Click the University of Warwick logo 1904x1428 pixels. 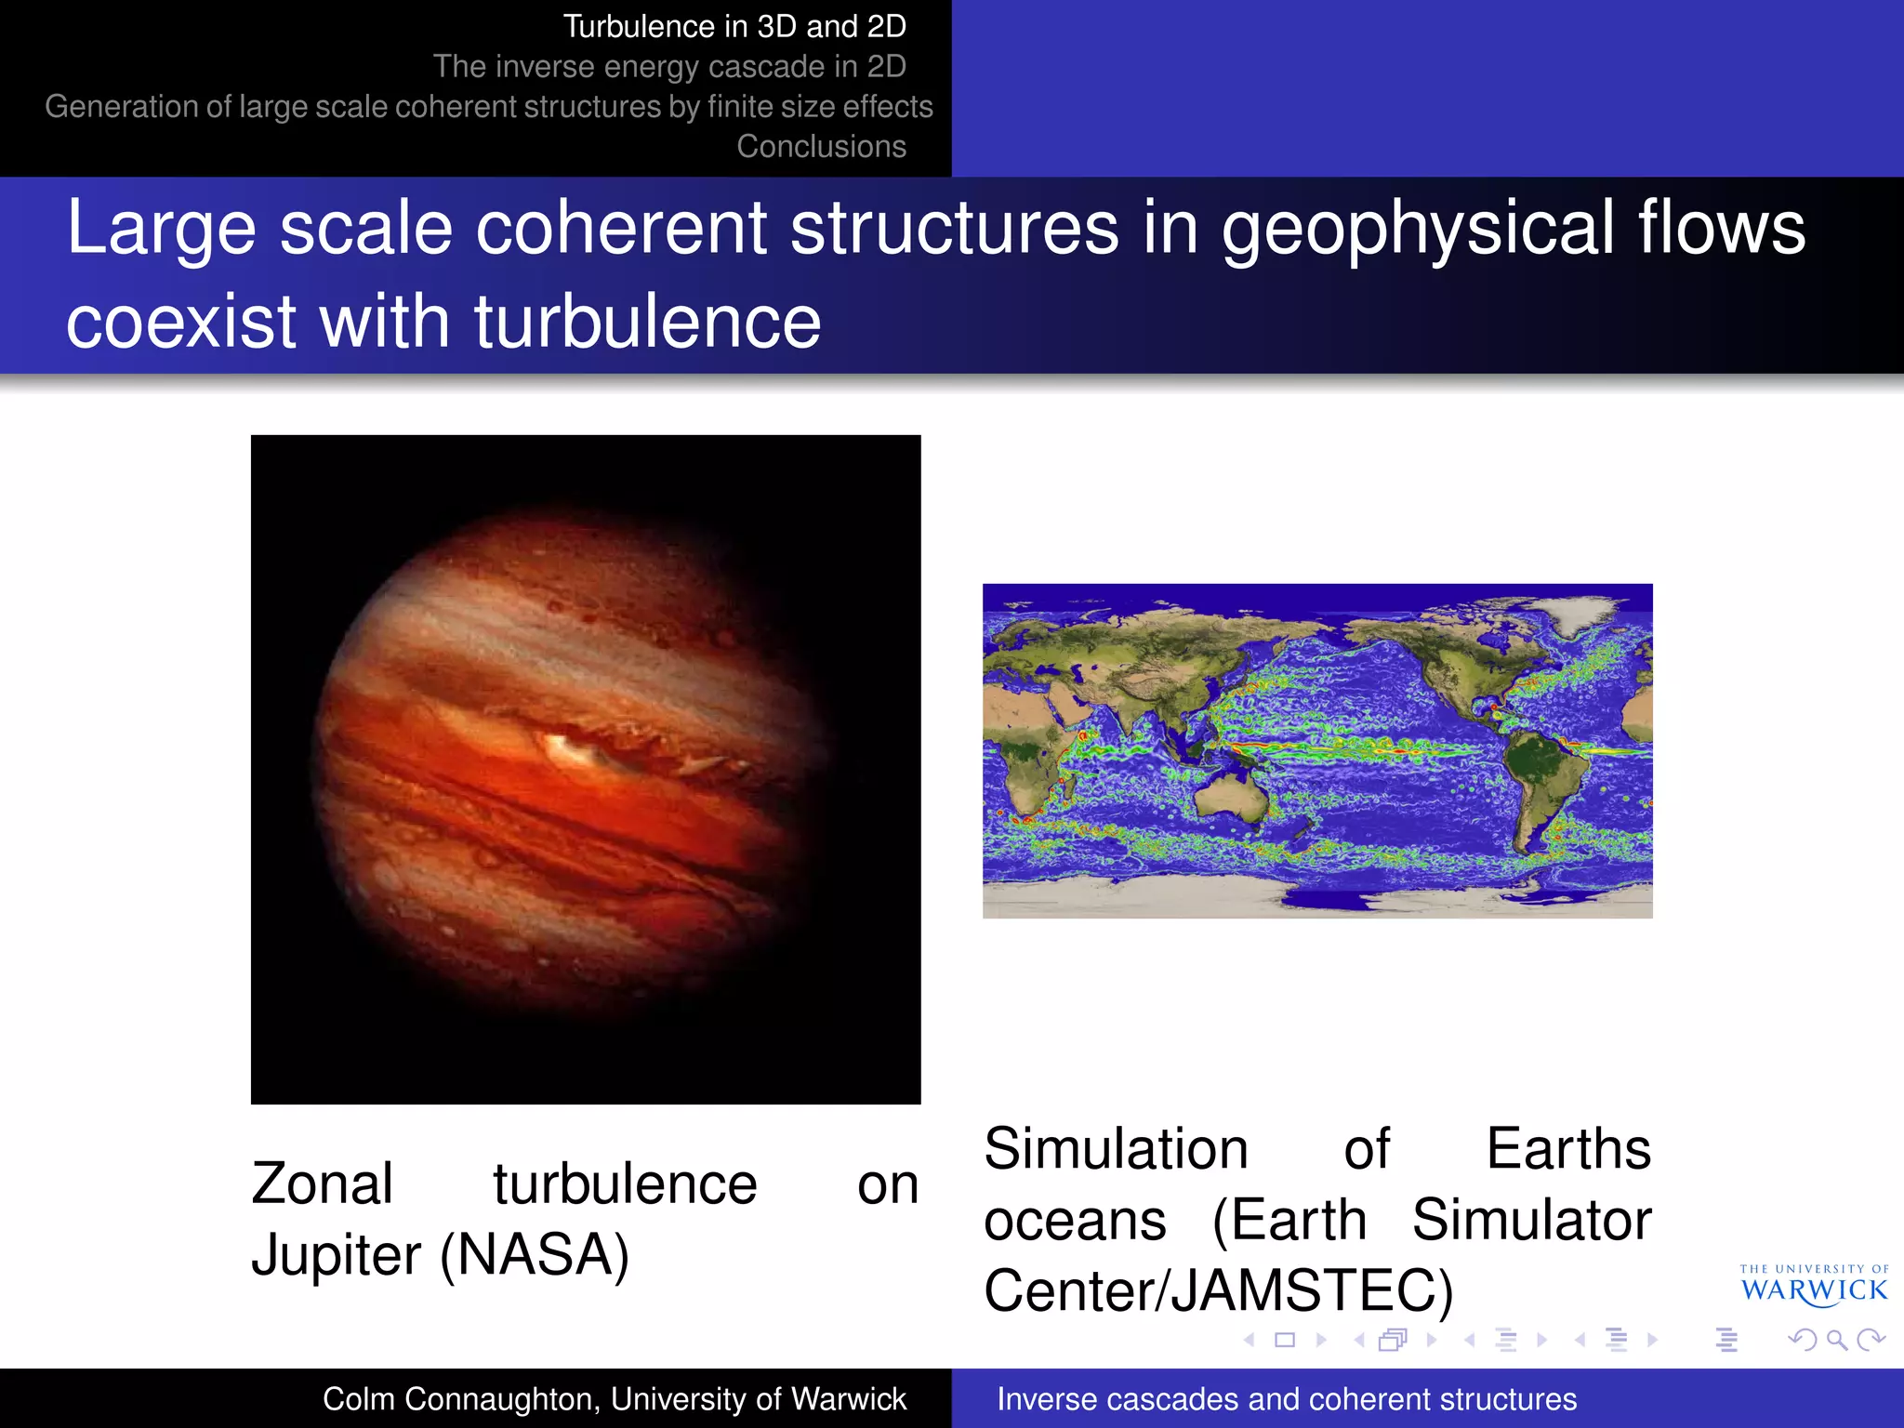[1814, 1285]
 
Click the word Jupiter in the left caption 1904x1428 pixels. [337, 1255]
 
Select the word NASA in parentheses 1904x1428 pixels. [535, 1255]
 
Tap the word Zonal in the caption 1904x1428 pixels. [322, 1184]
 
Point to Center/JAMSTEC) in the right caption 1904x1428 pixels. [1218, 1290]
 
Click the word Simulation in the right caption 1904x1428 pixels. [1116, 1149]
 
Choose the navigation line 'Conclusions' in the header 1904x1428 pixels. [821, 147]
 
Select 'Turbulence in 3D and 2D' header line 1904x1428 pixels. [734, 27]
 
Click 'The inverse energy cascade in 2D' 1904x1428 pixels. [669, 67]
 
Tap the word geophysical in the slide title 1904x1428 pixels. [1418, 229]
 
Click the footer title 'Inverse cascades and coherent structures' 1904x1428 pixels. [1287, 1399]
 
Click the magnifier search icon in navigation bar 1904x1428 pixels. [1836, 1340]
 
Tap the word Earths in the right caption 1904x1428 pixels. [1568, 1149]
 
